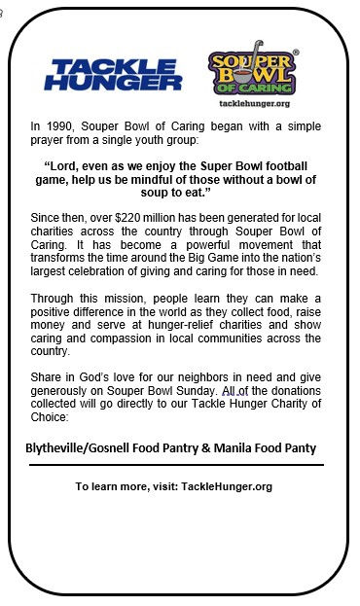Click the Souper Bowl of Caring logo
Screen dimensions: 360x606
254,70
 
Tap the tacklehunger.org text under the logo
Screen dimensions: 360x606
254,103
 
